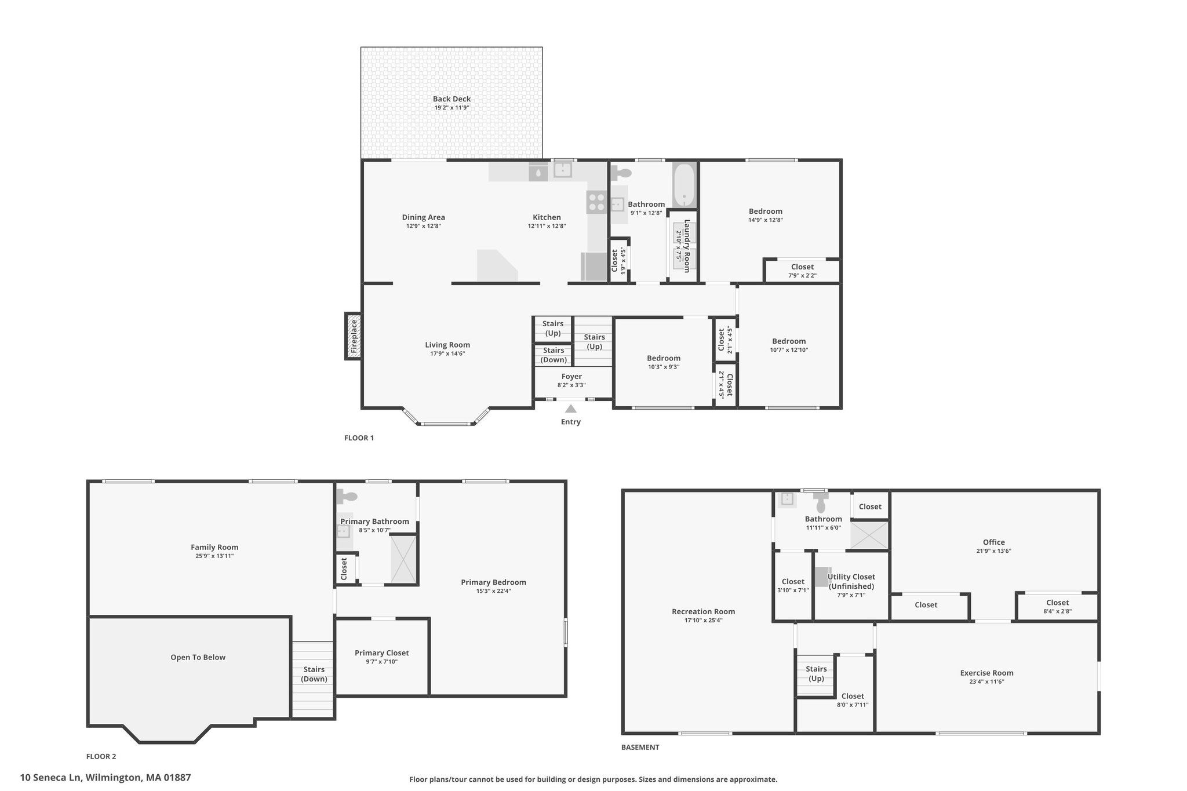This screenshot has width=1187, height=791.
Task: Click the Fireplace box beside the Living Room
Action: tap(353, 336)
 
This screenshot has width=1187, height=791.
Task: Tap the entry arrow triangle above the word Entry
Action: tap(571, 409)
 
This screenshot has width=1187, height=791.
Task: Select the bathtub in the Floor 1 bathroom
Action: tap(684, 185)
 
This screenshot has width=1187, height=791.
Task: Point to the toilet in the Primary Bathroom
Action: tap(348, 496)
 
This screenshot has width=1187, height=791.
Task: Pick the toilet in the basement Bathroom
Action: tap(820, 502)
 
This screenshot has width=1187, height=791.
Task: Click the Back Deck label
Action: tap(452, 99)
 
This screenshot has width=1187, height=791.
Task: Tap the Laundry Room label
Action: tap(687, 246)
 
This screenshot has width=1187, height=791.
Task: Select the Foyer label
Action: tap(571, 377)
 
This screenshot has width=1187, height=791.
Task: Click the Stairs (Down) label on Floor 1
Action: tap(554, 355)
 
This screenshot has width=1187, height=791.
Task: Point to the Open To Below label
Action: tap(198, 657)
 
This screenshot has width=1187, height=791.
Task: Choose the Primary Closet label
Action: tap(382, 653)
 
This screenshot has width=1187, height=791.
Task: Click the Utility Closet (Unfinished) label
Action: tap(851, 581)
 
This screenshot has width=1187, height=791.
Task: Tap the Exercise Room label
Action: tap(986, 673)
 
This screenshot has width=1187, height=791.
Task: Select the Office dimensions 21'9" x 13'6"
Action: tap(993, 551)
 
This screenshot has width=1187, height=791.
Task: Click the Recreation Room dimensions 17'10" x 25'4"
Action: tap(703, 620)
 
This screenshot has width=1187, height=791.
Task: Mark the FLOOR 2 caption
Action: tap(101, 756)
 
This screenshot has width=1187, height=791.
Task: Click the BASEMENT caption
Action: tap(640, 747)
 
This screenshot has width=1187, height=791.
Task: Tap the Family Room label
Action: tap(214, 547)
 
